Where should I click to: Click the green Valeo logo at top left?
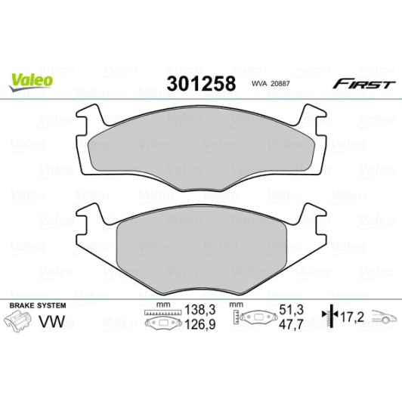[31, 79]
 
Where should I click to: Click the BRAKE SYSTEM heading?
[36, 305]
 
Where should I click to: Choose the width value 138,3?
[196, 310]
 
